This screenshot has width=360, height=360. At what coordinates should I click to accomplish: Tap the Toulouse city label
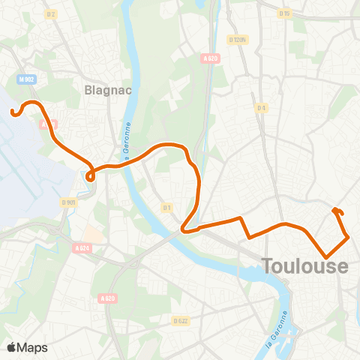tap(305, 266)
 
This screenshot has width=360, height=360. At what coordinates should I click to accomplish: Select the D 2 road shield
tap(51, 14)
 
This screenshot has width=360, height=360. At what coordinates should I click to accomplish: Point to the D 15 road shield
tap(284, 13)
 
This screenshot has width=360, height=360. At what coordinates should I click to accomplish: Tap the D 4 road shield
tap(261, 108)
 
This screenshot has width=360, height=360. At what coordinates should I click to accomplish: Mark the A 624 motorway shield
tap(82, 247)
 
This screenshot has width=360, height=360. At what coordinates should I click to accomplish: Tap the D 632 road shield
tap(180, 320)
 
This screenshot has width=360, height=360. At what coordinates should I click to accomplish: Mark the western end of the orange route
tap(13, 114)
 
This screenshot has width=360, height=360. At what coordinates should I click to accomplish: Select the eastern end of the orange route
tap(334, 211)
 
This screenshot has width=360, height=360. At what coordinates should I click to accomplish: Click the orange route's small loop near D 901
tap(90, 176)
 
